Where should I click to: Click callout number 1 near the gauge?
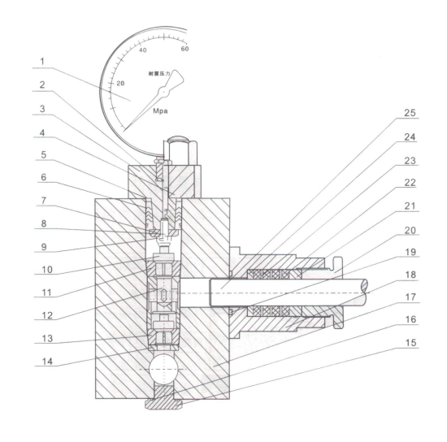[x=42, y=61]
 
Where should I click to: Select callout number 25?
[x=410, y=113]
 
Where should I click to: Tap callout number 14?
[x=47, y=362]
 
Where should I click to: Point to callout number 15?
[x=410, y=343]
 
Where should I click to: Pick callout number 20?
[x=410, y=230]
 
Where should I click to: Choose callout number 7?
[x=43, y=201]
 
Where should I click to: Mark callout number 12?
[x=47, y=315]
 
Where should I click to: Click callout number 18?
[x=410, y=275]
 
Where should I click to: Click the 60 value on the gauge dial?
[x=184, y=49]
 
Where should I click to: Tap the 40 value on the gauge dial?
[x=142, y=50]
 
